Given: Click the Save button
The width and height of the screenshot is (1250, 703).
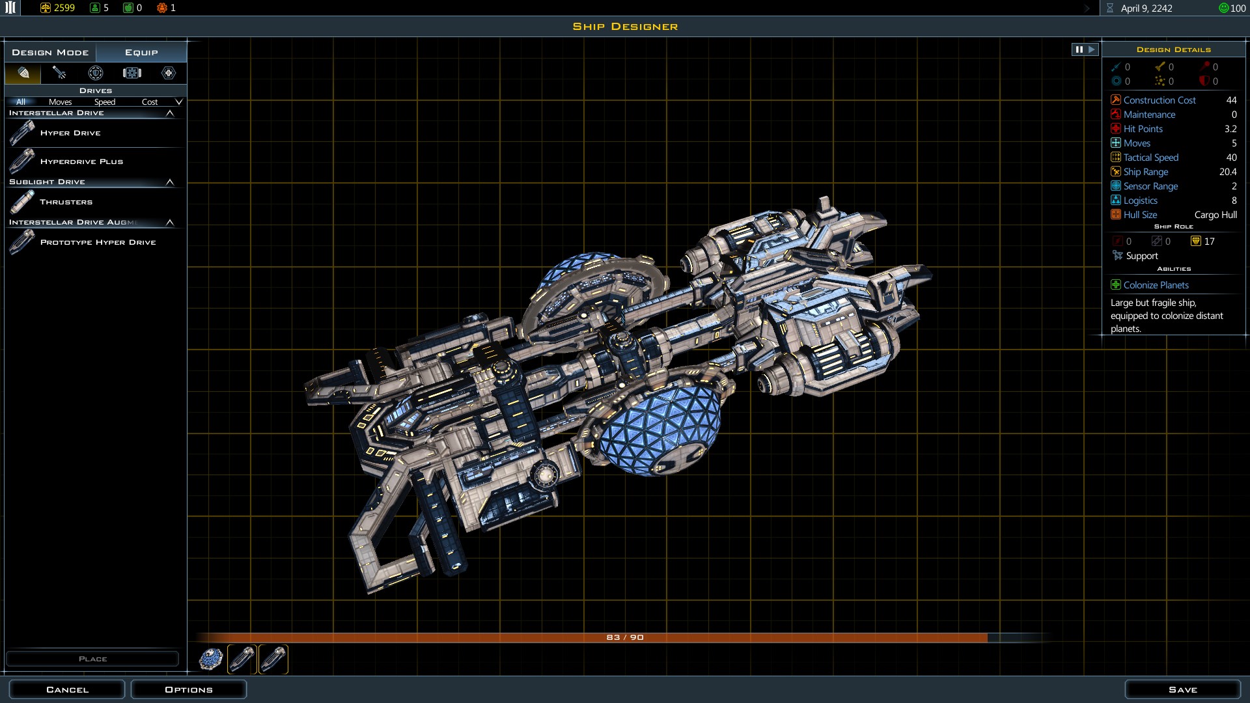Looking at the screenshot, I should [1182, 689].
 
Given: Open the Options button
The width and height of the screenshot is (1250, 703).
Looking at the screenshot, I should [189, 689].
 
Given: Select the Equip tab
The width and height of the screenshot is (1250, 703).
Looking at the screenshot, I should [141, 52].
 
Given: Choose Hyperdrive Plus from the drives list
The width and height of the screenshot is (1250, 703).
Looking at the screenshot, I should [81, 161].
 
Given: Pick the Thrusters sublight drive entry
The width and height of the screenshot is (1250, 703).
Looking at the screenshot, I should [66, 202].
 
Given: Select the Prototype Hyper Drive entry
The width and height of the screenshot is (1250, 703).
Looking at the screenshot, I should [98, 242].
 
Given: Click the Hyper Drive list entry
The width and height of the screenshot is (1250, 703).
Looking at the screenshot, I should [70, 133].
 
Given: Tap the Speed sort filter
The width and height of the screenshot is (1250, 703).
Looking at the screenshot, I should [104, 102].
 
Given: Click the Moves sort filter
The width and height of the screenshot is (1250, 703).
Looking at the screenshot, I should [60, 102].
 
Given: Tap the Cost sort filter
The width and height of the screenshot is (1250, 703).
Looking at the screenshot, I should [150, 102].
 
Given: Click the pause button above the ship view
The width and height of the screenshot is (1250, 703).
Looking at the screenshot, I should [1079, 49].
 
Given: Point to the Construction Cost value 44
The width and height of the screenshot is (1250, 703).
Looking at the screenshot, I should [1231, 100].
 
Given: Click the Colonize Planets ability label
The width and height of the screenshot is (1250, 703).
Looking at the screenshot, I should [1156, 285].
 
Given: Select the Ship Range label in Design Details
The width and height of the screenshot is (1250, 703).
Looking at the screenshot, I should [1146, 172].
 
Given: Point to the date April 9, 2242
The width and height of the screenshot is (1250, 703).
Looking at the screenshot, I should [1146, 8].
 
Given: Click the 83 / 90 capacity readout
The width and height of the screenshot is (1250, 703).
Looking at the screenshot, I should [625, 637].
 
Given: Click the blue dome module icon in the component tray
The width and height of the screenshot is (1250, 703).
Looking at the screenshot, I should [210, 659].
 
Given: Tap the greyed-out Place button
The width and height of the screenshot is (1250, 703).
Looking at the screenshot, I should [92, 659].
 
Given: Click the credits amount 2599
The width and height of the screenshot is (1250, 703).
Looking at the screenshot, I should [64, 8].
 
